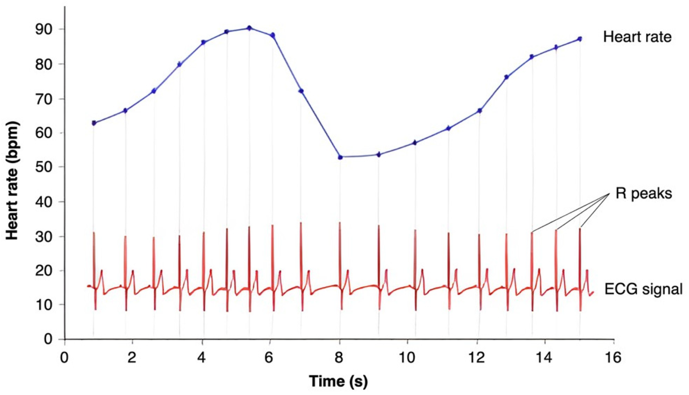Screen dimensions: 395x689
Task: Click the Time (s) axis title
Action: (x=338, y=382)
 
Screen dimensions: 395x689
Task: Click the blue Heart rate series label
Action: (x=637, y=37)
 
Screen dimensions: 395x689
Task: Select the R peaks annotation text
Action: (x=644, y=194)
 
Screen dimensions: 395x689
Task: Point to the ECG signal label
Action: (x=643, y=289)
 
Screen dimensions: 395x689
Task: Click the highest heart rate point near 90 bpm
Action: (x=249, y=28)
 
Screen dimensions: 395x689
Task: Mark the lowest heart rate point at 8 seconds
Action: (x=340, y=157)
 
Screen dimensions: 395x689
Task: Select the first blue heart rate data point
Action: (x=94, y=123)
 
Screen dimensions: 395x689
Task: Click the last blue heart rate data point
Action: (x=580, y=39)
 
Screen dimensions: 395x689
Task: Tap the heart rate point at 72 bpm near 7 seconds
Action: (x=301, y=91)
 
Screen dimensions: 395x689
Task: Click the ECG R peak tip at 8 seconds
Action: (x=340, y=223)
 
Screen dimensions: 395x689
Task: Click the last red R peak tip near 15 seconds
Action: (x=580, y=229)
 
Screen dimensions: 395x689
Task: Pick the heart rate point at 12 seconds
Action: (x=479, y=111)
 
